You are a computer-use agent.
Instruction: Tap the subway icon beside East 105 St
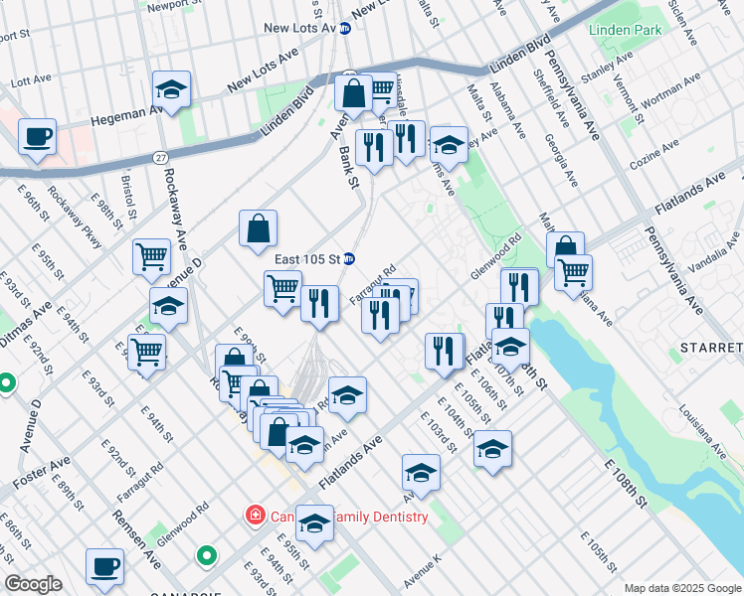349,259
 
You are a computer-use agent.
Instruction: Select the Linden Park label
625,31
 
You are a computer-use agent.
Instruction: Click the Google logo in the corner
33,584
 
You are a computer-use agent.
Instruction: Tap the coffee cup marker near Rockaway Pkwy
37,137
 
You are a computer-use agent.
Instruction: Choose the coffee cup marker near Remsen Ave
104,567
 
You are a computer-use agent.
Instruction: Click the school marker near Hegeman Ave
172,90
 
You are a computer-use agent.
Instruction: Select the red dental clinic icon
255,516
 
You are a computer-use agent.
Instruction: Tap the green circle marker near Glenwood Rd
206,556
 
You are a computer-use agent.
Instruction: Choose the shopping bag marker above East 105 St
258,229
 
